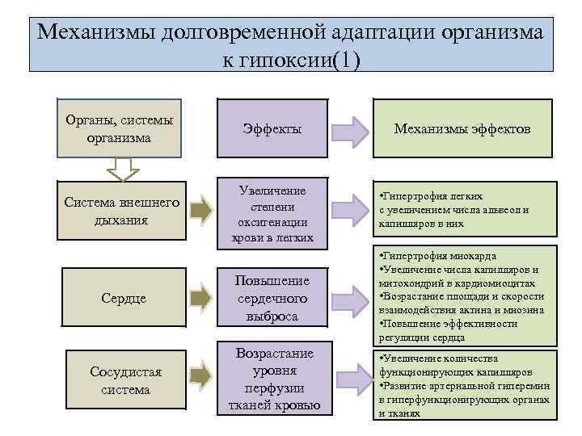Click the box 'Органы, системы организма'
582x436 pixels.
tap(119, 128)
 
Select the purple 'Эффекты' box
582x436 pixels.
tap(272, 128)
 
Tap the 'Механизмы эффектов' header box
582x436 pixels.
tap(462, 128)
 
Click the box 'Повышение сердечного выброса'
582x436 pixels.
tap(272, 297)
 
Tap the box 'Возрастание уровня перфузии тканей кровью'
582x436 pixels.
tap(272, 380)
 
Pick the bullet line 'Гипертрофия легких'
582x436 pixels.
tap(432, 196)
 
